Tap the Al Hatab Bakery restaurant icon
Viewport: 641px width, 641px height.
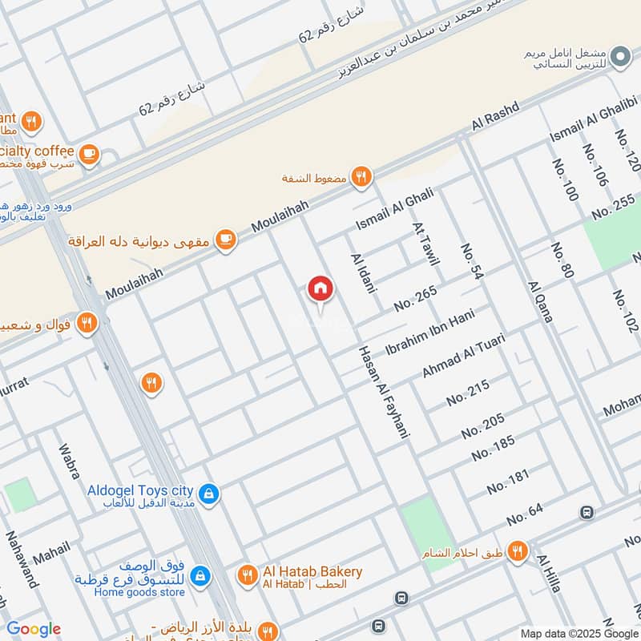pos(247,575)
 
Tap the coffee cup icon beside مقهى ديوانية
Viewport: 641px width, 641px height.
pos(227,240)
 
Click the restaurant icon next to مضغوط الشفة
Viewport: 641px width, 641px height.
pos(362,178)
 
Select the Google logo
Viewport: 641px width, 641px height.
pos(34,629)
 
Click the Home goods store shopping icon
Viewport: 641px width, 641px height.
pos(200,575)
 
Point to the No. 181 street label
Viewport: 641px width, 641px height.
pos(508,482)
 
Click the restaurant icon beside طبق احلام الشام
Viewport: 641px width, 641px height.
pos(518,550)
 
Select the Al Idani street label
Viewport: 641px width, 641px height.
pos(363,272)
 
